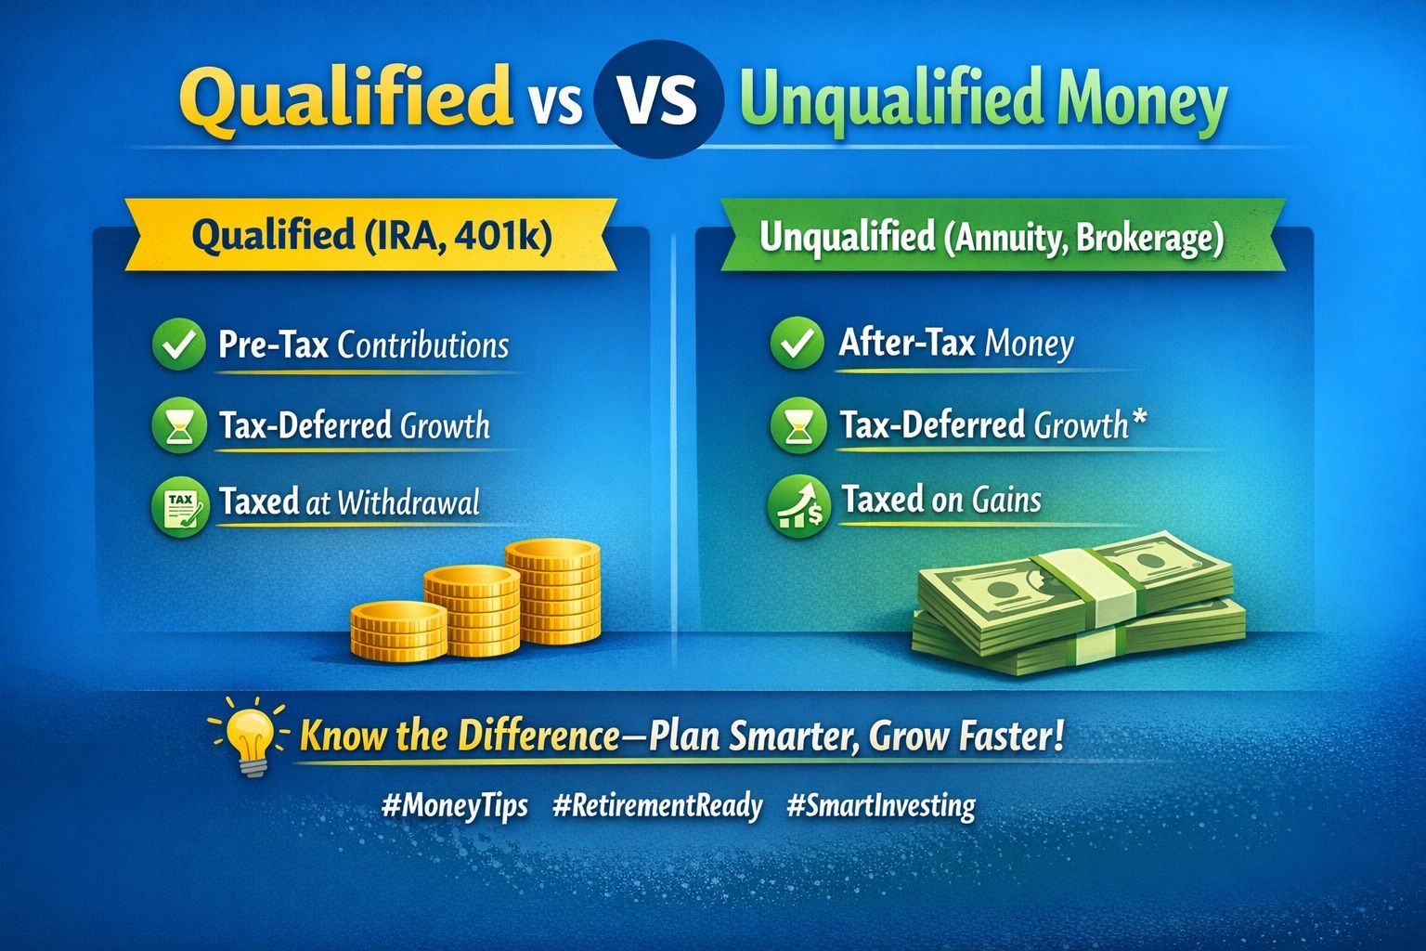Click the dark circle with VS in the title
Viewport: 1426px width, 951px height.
coord(657,98)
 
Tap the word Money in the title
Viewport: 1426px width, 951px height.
coord(1141,102)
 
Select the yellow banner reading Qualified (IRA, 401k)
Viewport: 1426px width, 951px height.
coord(371,234)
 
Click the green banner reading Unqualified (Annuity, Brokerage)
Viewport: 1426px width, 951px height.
coord(1003,236)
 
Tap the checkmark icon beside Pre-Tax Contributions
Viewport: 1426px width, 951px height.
coord(179,344)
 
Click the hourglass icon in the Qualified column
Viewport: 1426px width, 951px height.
coord(179,424)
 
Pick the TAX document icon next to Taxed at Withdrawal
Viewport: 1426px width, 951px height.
coord(181,506)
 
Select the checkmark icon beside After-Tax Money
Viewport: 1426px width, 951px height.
coord(797,343)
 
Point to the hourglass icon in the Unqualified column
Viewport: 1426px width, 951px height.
coord(797,424)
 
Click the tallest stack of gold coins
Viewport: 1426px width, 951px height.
coord(552,591)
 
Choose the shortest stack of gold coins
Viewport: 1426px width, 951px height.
coord(398,631)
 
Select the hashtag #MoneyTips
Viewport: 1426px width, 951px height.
coord(455,806)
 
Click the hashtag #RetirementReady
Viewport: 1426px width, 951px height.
coord(657,806)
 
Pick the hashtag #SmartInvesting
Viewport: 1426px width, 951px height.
coord(881,806)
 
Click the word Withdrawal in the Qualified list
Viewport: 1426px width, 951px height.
coord(408,502)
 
